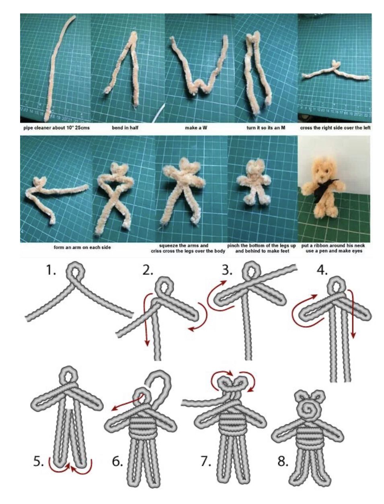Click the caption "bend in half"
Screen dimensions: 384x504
click(125, 128)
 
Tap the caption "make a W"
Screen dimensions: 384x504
click(196, 128)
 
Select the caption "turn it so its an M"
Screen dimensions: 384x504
click(266, 128)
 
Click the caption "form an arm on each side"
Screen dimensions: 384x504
click(82, 247)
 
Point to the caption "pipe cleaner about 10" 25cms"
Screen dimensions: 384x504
click(56, 128)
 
